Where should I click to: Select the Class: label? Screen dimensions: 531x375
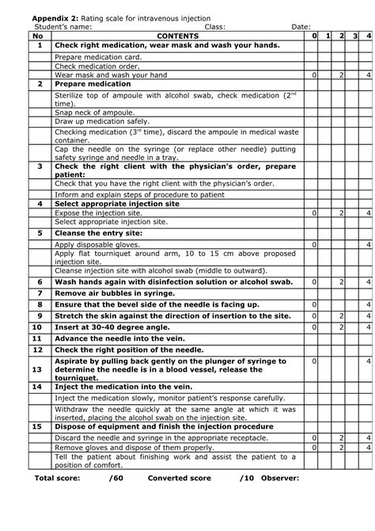click(x=215, y=27)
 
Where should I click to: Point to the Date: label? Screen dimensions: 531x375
click(x=301, y=27)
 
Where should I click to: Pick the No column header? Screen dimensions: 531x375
click(x=39, y=36)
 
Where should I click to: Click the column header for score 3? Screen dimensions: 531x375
click(x=355, y=36)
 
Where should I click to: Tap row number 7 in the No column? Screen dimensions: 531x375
click(x=39, y=293)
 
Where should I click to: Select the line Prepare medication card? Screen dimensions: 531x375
click(x=98, y=58)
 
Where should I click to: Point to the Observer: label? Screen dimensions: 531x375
click(x=277, y=479)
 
